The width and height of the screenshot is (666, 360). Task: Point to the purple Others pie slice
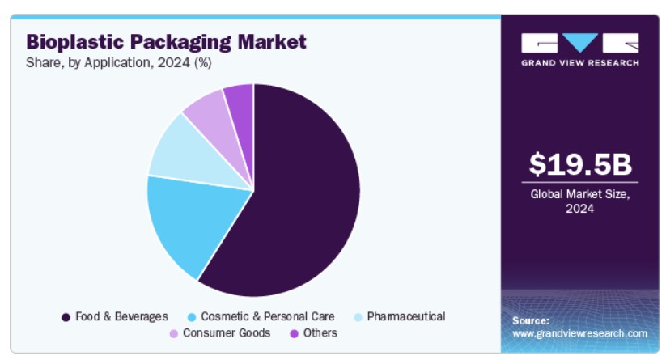click(240, 97)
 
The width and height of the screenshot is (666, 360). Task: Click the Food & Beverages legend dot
click(66, 317)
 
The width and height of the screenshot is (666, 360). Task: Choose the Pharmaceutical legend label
click(405, 316)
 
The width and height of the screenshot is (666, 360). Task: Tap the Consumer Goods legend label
click(221, 332)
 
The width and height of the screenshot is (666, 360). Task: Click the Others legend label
click(320, 332)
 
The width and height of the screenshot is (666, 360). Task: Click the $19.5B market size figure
click(579, 164)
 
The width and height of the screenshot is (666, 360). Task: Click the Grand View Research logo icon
click(579, 43)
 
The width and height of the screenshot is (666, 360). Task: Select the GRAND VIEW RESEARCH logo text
click(579, 62)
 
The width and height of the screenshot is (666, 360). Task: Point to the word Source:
click(531, 320)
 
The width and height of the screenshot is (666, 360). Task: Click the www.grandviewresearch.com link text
click(579, 333)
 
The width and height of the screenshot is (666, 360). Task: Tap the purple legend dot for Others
click(295, 333)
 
